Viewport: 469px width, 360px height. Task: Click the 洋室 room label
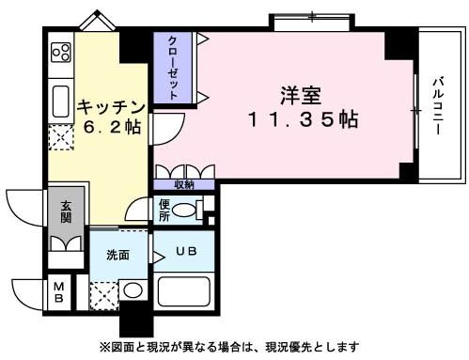click(x=301, y=95)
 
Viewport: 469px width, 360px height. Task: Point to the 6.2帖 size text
click(x=109, y=126)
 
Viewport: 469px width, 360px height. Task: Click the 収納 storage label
click(x=184, y=184)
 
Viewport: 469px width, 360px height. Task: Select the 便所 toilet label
click(x=164, y=210)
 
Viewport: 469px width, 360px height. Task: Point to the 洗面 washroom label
click(x=117, y=254)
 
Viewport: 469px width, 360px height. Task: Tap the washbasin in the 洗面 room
click(x=133, y=290)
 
